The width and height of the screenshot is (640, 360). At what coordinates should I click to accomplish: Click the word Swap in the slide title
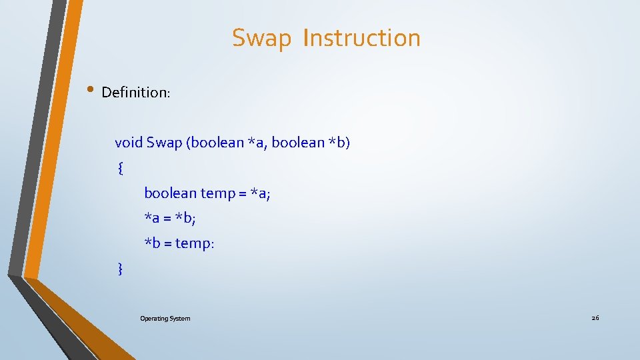click(x=262, y=39)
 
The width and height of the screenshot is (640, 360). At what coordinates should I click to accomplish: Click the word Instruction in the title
click(x=361, y=38)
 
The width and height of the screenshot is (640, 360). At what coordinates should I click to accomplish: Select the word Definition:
click(x=136, y=93)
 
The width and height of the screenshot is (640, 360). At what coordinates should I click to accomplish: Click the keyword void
click(x=129, y=143)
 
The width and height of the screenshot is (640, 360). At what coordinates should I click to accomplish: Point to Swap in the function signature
click(x=164, y=143)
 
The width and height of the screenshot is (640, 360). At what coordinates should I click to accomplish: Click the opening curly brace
click(x=119, y=168)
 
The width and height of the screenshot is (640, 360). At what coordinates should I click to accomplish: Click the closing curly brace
click(x=120, y=269)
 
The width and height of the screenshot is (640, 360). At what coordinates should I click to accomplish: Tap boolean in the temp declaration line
click(x=171, y=193)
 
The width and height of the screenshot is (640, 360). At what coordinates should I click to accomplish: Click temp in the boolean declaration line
click(x=217, y=193)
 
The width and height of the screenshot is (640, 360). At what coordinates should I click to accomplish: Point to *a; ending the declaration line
click(x=259, y=193)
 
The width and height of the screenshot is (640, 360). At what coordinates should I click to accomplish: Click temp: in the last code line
click(x=195, y=243)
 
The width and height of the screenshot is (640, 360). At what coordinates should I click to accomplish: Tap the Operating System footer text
click(x=165, y=319)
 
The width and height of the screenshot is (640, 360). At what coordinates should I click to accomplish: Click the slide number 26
click(x=595, y=318)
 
